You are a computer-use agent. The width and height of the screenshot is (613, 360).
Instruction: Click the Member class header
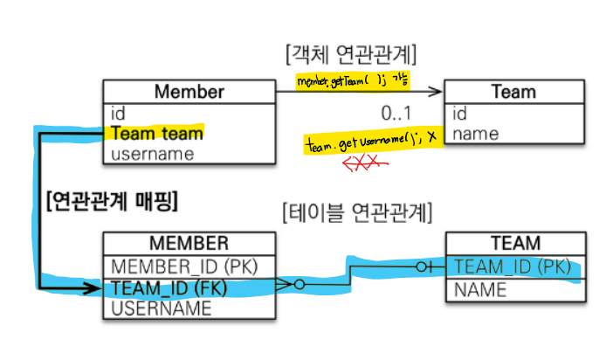(189, 92)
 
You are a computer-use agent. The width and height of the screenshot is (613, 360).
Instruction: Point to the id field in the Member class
(119, 114)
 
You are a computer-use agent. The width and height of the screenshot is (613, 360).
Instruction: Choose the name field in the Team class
(476, 134)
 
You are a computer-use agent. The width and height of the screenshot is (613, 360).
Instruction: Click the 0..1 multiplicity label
(396, 113)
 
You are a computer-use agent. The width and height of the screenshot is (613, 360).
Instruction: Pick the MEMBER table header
(189, 244)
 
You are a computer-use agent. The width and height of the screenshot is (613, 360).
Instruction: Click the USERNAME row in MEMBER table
(161, 308)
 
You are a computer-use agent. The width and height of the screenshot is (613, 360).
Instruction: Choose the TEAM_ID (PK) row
(513, 266)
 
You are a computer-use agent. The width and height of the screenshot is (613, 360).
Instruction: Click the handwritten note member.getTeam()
(354, 80)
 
